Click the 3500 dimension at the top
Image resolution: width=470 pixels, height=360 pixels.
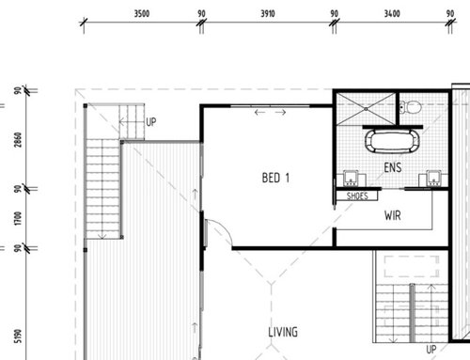pos(141,15)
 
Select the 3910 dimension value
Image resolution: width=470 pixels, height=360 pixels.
pos(267,15)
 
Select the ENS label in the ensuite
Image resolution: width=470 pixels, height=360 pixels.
pos(394,167)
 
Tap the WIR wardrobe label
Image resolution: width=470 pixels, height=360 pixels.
pos(394,214)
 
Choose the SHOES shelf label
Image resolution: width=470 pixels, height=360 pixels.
pos(357,196)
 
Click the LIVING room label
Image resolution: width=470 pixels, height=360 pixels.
pos(282,332)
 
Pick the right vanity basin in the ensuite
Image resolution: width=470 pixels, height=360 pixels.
pos(434,178)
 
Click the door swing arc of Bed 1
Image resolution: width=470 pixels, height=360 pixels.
pos(219,230)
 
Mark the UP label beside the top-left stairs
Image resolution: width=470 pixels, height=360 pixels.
pos(151,122)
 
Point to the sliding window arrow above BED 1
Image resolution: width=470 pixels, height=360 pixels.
pos(271,113)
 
